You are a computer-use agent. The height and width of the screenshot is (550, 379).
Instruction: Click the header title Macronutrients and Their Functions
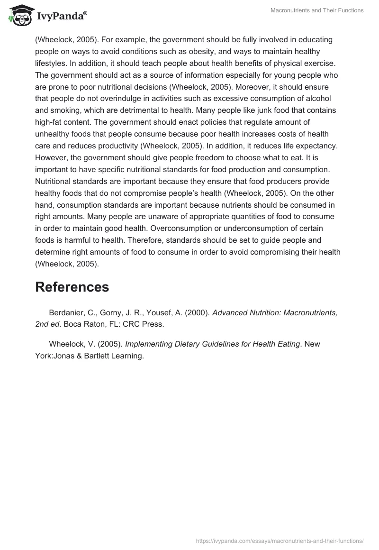[317, 10]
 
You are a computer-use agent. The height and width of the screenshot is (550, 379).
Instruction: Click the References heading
[72, 287]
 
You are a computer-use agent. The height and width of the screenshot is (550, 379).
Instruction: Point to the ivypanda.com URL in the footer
[280, 541]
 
